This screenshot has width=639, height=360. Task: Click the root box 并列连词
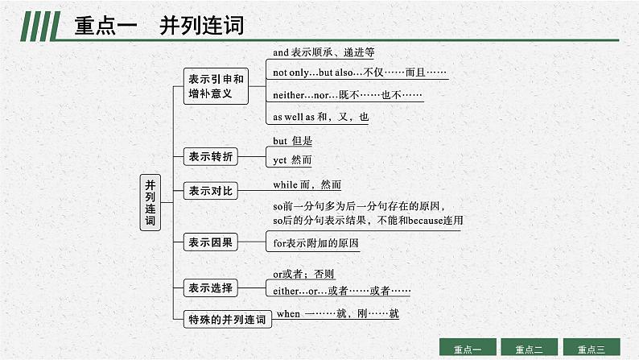click(150, 202)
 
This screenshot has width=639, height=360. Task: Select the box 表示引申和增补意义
click(216, 86)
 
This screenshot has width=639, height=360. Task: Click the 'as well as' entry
click(320, 117)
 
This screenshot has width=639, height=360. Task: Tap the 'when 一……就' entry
click(337, 313)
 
